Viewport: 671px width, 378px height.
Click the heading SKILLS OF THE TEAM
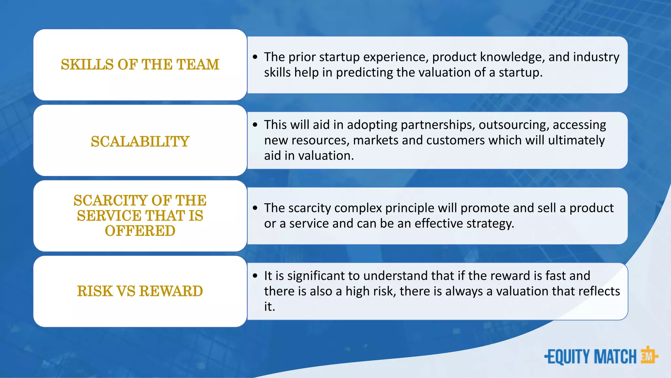click(x=140, y=65)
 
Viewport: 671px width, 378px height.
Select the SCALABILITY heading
click(x=140, y=142)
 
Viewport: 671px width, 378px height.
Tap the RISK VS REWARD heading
click(x=140, y=291)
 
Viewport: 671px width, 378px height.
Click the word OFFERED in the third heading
click(x=140, y=231)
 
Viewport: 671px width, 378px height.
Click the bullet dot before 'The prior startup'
click(x=255, y=57)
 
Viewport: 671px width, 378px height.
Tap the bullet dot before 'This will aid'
click(x=255, y=125)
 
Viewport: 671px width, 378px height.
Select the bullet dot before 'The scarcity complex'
click(x=255, y=208)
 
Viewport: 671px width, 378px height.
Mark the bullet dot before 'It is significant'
click(x=255, y=276)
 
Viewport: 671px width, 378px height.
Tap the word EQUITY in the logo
click(x=569, y=357)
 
